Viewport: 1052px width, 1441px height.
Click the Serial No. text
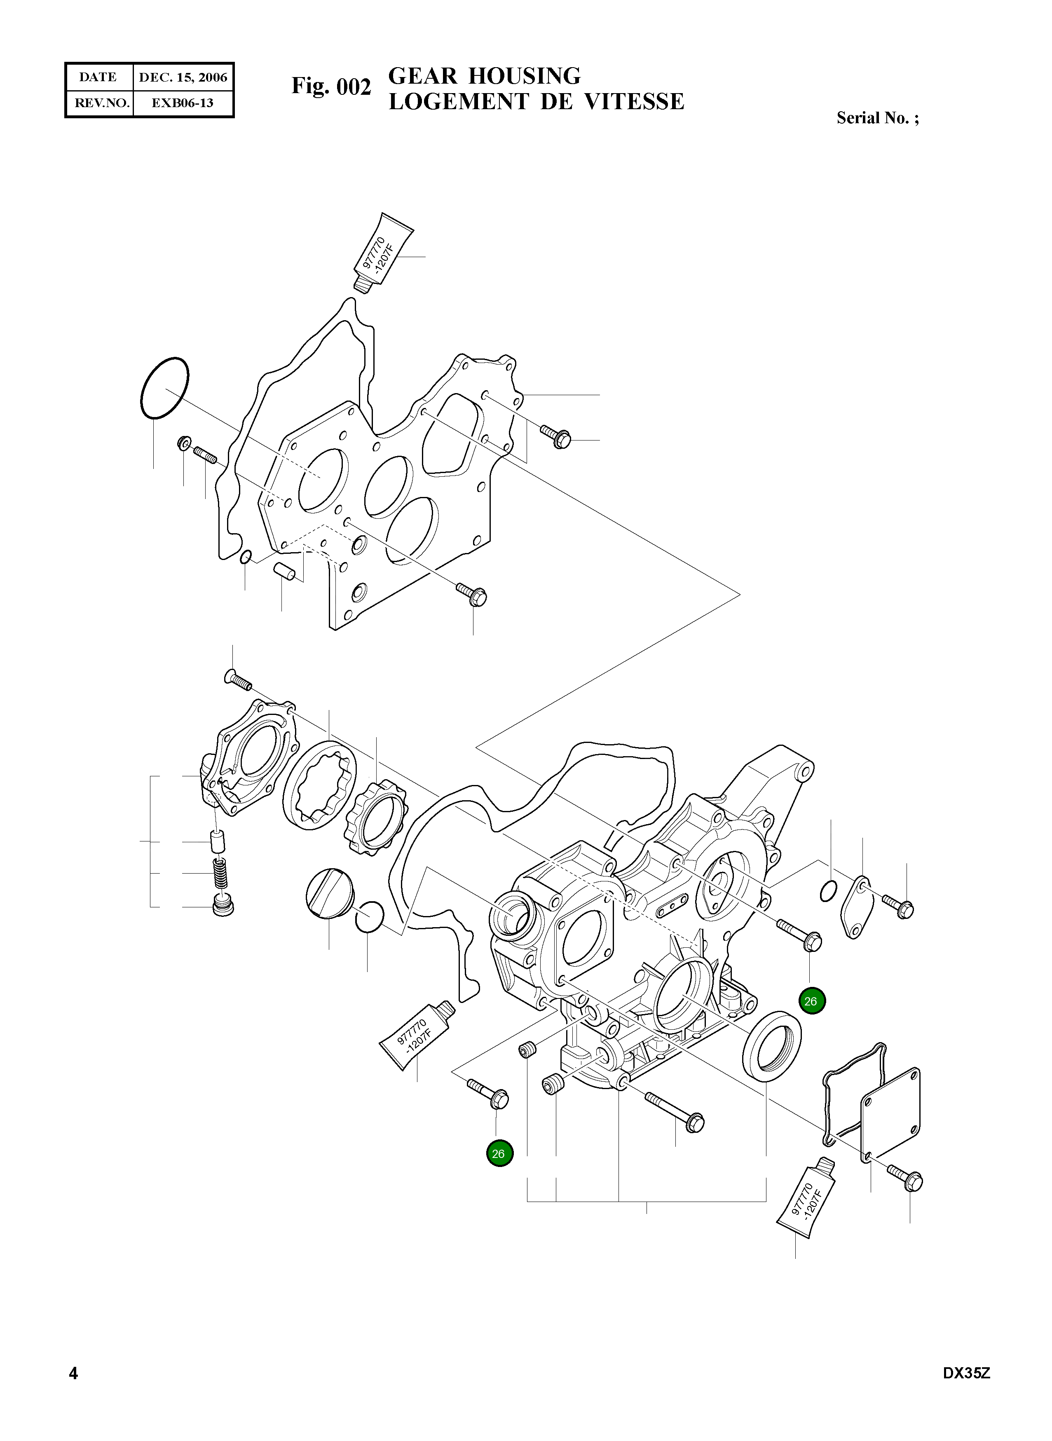[x=877, y=118]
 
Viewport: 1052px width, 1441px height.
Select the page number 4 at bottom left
[x=73, y=1391]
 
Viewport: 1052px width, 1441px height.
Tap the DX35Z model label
[x=966, y=1391]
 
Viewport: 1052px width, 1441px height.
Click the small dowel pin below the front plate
[x=285, y=571]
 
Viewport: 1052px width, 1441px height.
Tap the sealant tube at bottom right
[x=806, y=1199]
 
